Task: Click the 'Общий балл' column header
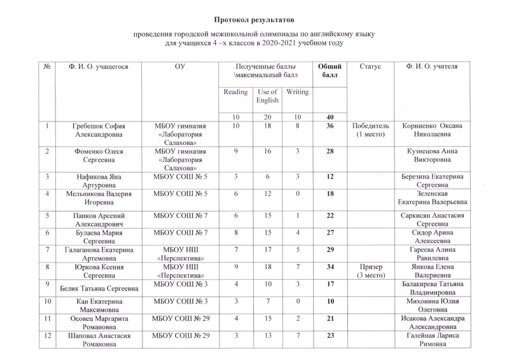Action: pyautogui.click(x=330, y=71)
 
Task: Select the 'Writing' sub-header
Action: pyautogui.click(x=298, y=92)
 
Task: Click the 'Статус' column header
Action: pyautogui.click(x=370, y=67)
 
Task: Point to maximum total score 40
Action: pyautogui.click(x=330, y=117)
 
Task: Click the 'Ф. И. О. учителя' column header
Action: pyautogui.click(x=431, y=67)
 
